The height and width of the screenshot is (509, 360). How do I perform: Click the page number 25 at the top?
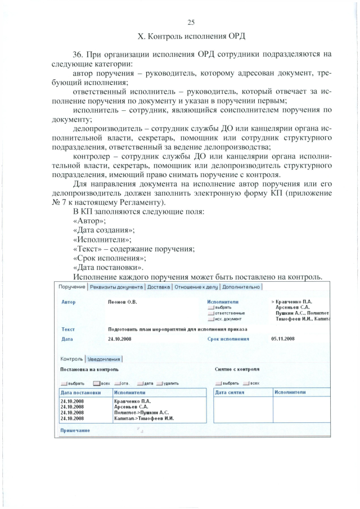(190, 22)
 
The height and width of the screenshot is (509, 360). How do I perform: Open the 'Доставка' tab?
(159, 287)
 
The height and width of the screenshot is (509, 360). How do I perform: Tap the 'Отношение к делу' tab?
(196, 287)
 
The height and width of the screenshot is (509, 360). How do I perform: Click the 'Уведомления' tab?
(104, 359)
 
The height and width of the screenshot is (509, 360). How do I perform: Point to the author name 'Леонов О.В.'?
(122, 302)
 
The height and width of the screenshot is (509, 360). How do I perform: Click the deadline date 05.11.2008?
(282, 339)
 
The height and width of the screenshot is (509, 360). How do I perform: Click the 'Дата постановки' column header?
(80, 392)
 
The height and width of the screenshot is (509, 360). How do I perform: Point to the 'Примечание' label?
(75, 431)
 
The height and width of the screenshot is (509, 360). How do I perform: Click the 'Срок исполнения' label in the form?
(228, 339)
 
